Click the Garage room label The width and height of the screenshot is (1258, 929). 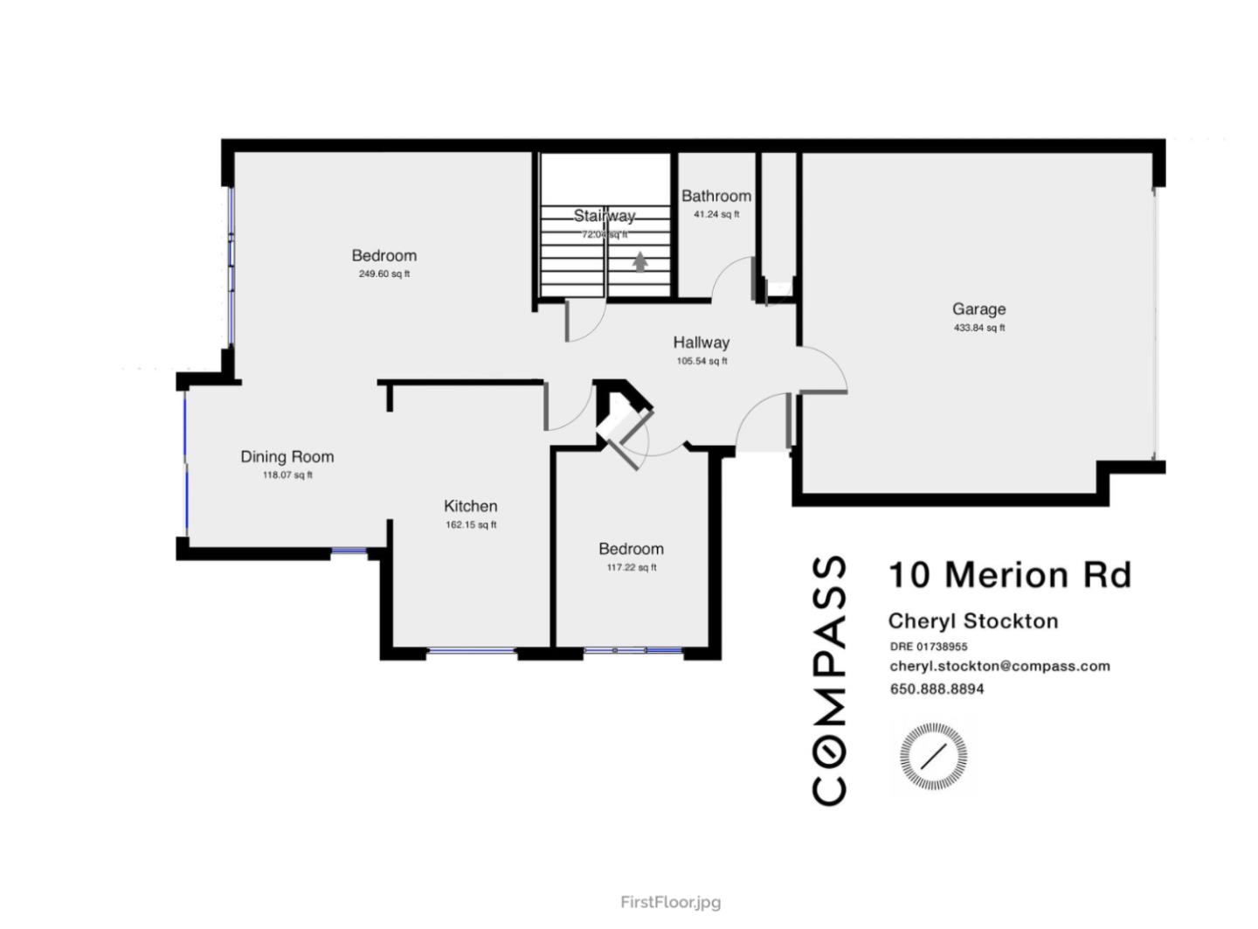pyautogui.click(x=978, y=309)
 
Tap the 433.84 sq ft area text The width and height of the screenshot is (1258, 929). pyautogui.click(x=978, y=328)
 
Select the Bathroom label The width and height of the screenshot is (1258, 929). pyautogui.click(x=715, y=196)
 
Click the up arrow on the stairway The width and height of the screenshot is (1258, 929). pyautogui.click(x=640, y=260)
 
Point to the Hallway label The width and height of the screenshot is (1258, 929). pyautogui.click(x=701, y=343)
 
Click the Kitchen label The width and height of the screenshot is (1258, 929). pyautogui.click(x=470, y=506)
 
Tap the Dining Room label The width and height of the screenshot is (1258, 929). pyautogui.click(x=287, y=456)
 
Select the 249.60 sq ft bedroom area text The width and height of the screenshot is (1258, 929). pyautogui.click(x=384, y=274)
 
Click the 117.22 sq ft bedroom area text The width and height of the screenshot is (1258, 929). pyautogui.click(x=631, y=567)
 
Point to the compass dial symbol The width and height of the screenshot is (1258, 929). pyautogui.click(x=933, y=756)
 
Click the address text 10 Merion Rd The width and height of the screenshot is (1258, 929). pyautogui.click(x=1009, y=575)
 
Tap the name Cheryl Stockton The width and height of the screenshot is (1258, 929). pyautogui.click(x=972, y=621)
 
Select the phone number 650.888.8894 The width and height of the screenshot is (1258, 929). pyautogui.click(x=937, y=689)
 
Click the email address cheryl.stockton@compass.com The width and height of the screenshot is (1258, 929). pyautogui.click(x=999, y=666)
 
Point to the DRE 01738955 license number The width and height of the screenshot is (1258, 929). pyautogui.click(x=928, y=647)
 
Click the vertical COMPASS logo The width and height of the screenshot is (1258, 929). pyautogui.click(x=829, y=680)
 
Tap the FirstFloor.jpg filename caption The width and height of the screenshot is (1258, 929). pyautogui.click(x=670, y=902)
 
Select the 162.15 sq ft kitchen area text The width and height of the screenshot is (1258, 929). pyautogui.click(x=470, y=525)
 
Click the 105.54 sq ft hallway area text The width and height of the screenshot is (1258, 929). pyautogui.click(x=701, y=361)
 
